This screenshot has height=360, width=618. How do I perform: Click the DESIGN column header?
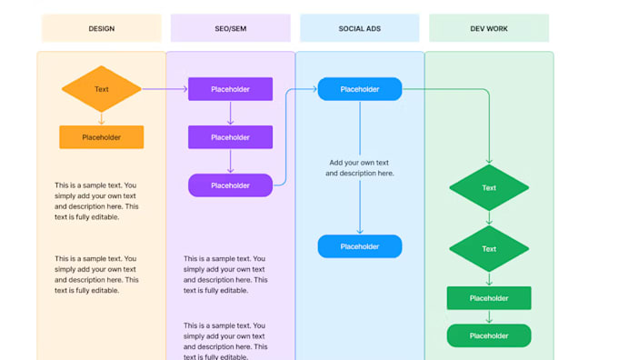pos(101,28)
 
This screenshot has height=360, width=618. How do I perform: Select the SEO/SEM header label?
pos(230,28)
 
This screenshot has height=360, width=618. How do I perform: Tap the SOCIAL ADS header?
pos(359,28)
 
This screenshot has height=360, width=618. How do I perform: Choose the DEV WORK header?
pos(489,28)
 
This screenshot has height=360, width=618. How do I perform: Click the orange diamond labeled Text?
pos(102,89)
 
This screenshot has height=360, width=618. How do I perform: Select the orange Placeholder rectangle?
pos(102,137)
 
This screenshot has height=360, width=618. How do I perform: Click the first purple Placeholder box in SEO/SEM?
pos(231,89)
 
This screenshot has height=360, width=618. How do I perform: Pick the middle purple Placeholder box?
pos(231,137)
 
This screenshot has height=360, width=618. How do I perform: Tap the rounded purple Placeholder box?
pos(231,185)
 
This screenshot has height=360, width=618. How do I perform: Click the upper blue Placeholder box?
pos(360,89)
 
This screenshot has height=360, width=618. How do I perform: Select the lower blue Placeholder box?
pos(360,246)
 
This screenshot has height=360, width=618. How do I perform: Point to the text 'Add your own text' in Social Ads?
pos(360,163)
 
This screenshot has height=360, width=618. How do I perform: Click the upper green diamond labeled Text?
pos(489,188)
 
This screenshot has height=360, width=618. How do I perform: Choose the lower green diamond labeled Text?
pos(489,249)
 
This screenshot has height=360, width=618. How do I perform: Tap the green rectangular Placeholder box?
pos(489,298)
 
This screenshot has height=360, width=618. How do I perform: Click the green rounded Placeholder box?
pos(489,335)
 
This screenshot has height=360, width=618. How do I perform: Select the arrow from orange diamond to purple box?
pos(164,89)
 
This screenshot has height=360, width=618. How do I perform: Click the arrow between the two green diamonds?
pos(489,218)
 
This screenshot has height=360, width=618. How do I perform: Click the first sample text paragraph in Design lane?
pos(96,201)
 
